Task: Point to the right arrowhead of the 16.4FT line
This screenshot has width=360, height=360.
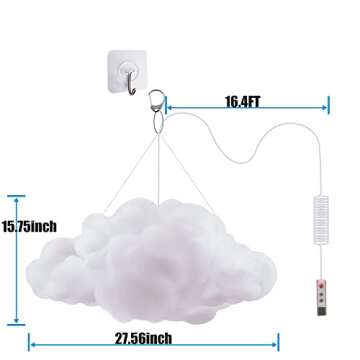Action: (x=324, y=102)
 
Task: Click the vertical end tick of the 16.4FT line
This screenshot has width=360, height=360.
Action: (x=328, y=102)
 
